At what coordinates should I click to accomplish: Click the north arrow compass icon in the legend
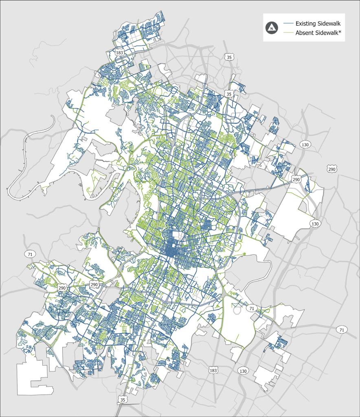pyautogui.click(x=271, y=28)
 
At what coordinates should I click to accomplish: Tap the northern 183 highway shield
pyautogui.click(x=119, y=53)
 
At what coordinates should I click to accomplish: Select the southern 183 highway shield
pyautogui.click(x=213, y=370)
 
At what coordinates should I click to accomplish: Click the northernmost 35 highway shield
pyautogui.click(x=229, y=57)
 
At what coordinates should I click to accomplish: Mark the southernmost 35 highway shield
pyautogui.click(x=122, y=400)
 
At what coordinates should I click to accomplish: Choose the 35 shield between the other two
pyautogui.click(x=229, y=94)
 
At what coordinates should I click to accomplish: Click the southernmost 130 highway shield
pyautogui.click(x=243, y=371)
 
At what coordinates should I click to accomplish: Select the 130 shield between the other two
pyautogui.click(x=314, y=224)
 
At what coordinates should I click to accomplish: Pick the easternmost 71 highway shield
pyautogui.click(x=341, y=329)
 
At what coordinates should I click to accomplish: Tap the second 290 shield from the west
pyautogui.click(x=94, y=284)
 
